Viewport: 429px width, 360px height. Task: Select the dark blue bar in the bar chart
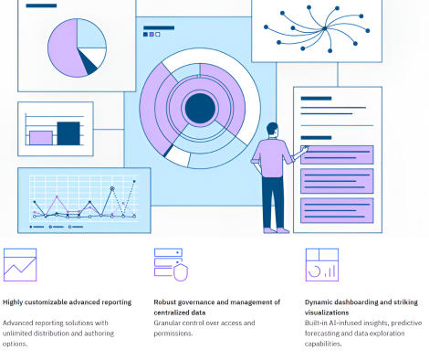tap(68, 132)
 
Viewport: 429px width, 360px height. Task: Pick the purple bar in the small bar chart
tap(40, 137)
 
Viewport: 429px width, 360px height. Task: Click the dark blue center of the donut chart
tap(198, 108)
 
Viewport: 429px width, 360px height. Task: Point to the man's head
tap(271, 132)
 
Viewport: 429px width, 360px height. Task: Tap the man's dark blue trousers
tap(271, 201)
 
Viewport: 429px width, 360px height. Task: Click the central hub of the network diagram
tap(325, 28)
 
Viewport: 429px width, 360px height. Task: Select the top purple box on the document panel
tap(337, 154)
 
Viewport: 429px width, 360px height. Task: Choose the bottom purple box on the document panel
tap(337, 209)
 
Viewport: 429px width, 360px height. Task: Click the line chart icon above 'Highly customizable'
tap(19, 264)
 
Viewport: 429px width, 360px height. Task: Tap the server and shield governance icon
tap(170, 264)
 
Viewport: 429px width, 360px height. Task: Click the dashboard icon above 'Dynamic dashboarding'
tap(320, 264)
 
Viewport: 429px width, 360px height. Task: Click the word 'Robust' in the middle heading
tap(169, 302)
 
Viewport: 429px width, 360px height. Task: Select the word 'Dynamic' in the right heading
tap(321, 302)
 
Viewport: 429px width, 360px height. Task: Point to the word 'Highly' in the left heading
tap(16, 302)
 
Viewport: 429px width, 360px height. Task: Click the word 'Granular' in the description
tap(170, 323)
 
